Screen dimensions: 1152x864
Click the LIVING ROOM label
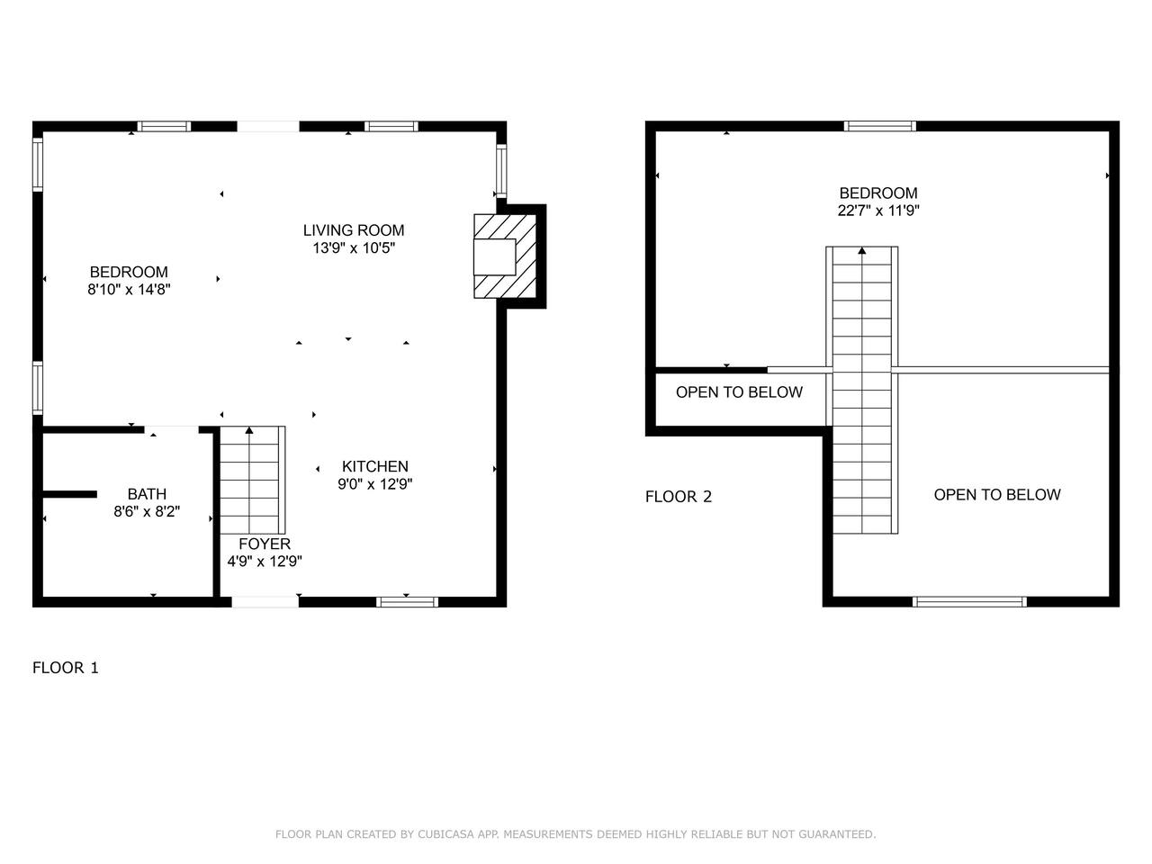coord(353,230)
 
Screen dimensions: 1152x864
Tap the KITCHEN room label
coord(374,466)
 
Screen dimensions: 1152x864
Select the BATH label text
coord(147,493)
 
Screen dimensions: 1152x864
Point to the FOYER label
coord(265,544)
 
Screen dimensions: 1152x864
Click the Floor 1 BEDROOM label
coord(129,272)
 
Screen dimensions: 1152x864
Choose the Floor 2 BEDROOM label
coord(878,193)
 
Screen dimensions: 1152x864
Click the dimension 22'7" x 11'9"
coord(878,211)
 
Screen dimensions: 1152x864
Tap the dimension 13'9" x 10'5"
coord(354,248)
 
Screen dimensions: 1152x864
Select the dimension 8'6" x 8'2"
coord(147,511)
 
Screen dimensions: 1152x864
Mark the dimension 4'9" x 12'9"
coord(265,562)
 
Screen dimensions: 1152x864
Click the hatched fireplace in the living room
coord(505,256)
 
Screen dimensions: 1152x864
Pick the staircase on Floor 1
coord(252,480)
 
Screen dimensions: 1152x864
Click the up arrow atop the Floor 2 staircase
coord(862,251)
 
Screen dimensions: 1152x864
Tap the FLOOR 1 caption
coord(66,668)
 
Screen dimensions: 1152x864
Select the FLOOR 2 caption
coord(678,497)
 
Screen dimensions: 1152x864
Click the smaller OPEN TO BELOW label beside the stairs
coord(739,392)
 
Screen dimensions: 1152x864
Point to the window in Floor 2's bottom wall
coord(969,602)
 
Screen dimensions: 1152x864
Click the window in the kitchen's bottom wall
coord(408,602)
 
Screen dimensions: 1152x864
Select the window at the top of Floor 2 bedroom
coord(879,126)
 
